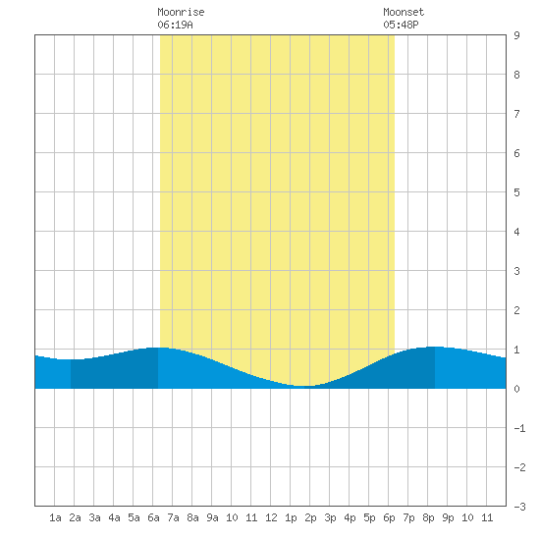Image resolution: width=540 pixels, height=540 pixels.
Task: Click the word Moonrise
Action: click(x=181, y=12)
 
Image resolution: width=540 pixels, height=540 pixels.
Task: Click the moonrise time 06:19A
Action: click(x=175, y=25)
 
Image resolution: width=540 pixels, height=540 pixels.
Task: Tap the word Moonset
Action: click(x=404, y=12)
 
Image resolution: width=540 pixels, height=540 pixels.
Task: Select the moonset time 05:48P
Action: click(x=401, y=25)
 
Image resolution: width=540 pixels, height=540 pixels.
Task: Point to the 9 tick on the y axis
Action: click(x=516, y=35)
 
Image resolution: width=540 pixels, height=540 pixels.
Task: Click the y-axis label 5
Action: click(x=516, y=192)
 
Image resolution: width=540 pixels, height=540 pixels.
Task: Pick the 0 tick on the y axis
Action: click(x=516, y=389)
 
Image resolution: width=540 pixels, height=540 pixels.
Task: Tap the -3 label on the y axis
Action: click(x=519, y=507)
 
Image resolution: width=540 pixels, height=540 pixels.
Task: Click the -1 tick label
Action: click(x=519, y=428)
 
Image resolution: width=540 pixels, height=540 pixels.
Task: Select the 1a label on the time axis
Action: click(x=55, y=517)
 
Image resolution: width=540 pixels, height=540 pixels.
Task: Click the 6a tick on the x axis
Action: click(x=153, y=517)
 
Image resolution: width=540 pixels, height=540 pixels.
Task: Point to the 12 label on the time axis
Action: click(x=271, y=517)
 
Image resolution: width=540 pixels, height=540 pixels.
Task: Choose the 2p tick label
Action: click(x=310, y=517)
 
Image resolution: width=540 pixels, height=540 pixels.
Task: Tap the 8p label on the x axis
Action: click(x=428, y=517)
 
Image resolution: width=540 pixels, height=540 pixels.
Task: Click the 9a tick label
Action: click(x=212, y=517)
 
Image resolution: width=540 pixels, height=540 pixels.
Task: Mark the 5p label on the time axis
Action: click(x=369, y=517)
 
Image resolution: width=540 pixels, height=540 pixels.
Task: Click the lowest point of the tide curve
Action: click(x=301, y=386)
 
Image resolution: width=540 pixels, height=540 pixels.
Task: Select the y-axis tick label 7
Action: click(x=516, y=114)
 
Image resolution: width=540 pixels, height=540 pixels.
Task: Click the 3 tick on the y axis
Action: click(x=516, y=271)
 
